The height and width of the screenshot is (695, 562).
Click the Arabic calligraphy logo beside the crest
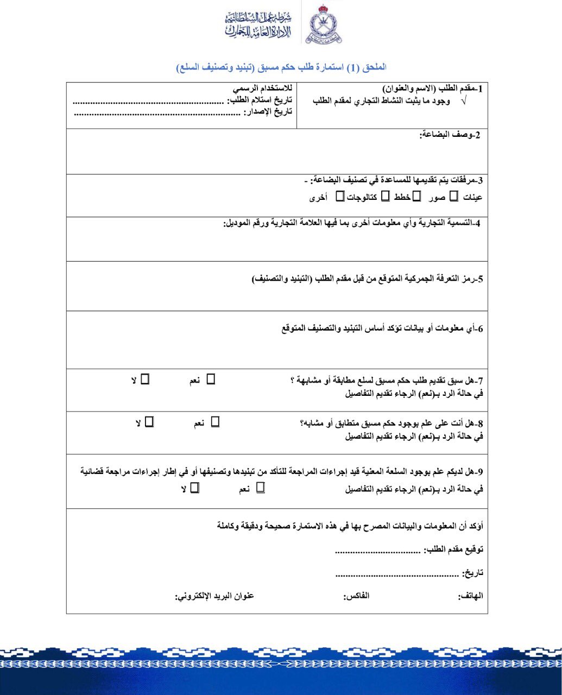click(258, 26)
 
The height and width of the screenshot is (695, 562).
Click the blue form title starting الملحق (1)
click(281, 67)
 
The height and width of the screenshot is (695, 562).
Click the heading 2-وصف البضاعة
click(450, 135)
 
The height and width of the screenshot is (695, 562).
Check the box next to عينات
click(453, 197)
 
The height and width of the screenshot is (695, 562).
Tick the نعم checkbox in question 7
click(211, 379)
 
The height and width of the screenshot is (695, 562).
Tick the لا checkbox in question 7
click(145, 379)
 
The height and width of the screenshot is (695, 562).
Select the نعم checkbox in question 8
click(215, 421)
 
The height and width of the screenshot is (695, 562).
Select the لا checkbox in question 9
click(194, 488)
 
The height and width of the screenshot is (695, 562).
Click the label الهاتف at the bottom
click(471, 596)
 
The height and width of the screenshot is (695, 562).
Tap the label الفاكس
click(357, 596)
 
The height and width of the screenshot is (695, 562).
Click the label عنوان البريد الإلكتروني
click(214, 596)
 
